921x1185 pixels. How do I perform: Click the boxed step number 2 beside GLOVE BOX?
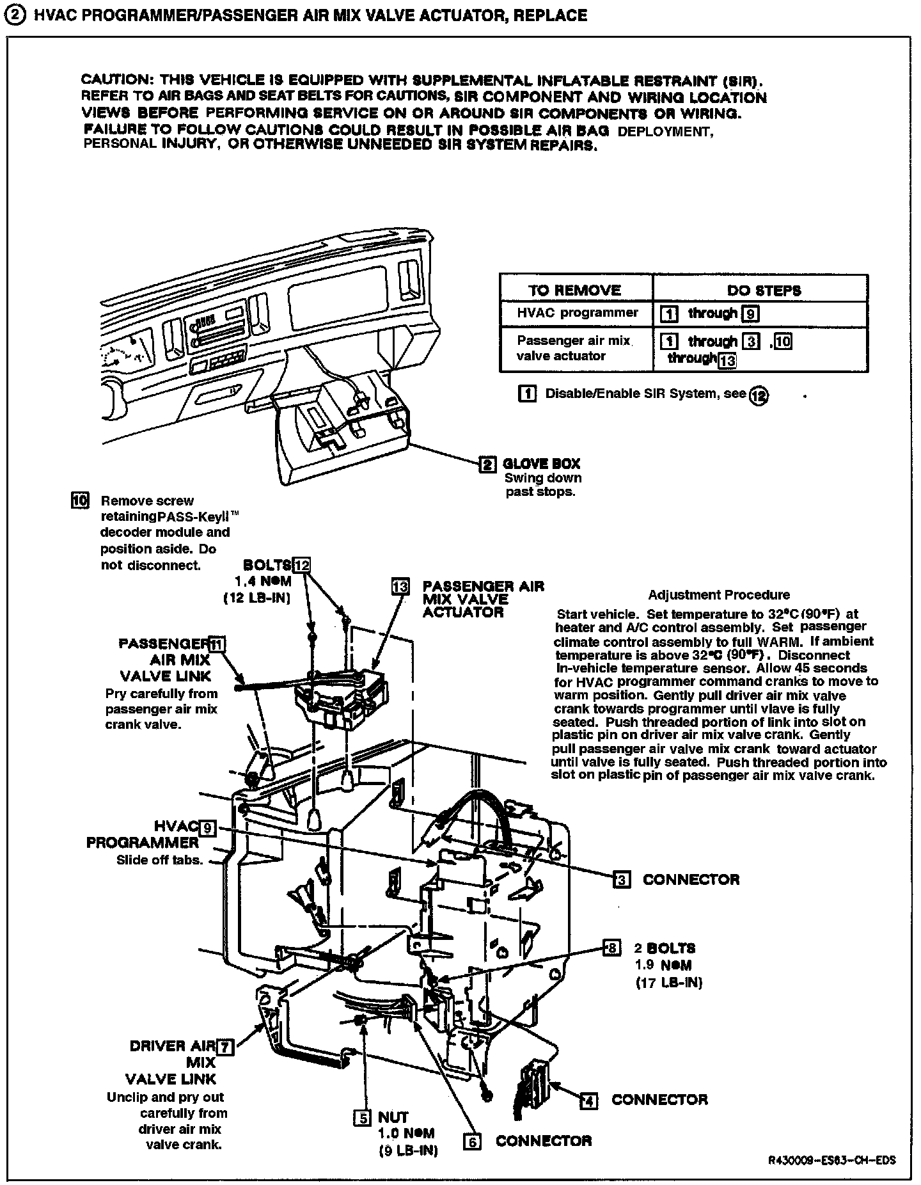[x=487, y=464]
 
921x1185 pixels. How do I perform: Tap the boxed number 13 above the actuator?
[x=401, y=587]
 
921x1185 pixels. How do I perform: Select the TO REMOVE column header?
[x=574, y=290]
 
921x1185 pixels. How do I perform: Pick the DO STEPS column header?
[x=764, y=290]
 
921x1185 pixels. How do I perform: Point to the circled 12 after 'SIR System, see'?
[x=759, y=395]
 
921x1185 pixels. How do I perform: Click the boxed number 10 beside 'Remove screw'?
[x=80, y=500]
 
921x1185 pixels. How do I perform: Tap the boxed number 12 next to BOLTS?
[x=301, y=564]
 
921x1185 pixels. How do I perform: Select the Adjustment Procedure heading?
[x=718, y=594]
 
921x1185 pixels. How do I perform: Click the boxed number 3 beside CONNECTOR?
[x=621, y=879]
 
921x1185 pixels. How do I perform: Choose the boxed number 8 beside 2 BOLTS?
[x=612, y=948]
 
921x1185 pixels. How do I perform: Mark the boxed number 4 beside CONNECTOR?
[x=588, y=1101]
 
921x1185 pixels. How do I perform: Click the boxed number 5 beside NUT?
[x=363, y=1118]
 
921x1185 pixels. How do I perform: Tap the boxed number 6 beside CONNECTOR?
[x=472, y=1141]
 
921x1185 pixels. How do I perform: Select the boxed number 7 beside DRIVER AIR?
[x=225, y=1047]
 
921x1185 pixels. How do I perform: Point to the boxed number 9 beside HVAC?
[x=207, y=828]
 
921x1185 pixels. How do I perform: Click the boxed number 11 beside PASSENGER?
[x=217, y=644]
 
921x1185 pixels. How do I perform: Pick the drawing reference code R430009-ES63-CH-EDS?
[x=831, y=1161]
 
